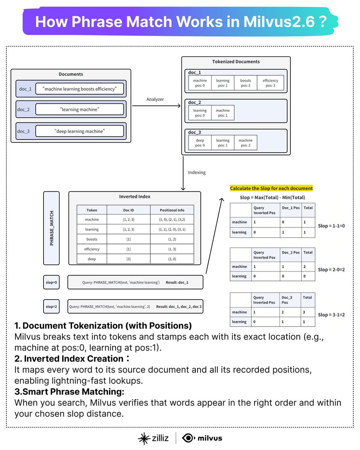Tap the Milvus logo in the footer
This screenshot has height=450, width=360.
click(x=202, y=438)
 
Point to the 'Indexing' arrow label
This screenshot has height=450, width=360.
click(x=197, y=172)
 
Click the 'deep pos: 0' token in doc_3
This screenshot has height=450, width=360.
click(x=200, y=143)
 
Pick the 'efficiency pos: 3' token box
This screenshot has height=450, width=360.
click(x=270, y=83)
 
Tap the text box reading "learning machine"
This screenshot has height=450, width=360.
click(x=79, y=109)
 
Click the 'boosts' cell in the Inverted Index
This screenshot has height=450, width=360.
click(x=91, y=239)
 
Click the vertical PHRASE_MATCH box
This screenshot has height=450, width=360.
click(x=51, y=228)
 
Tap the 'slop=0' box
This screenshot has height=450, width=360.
click(x=51, y=282)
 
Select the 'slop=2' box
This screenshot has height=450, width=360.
click(x=51, y=306)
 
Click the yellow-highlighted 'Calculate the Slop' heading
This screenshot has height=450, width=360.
click(x=271, y=188)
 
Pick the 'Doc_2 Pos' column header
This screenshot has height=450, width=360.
click(x=291, y=252)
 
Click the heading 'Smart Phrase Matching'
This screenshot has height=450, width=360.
click(x=69, y=392)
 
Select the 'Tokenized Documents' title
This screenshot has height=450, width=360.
click(x=235, y=61)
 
